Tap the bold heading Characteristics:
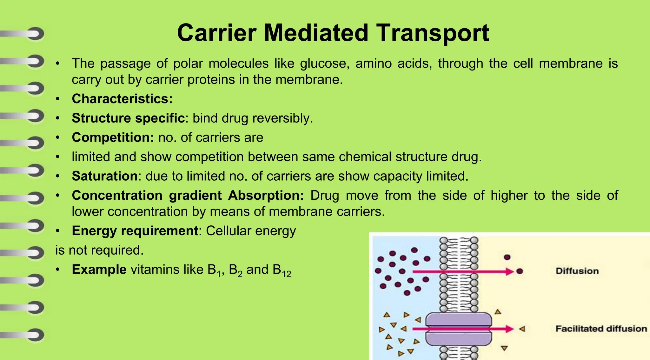(x=122, y=99)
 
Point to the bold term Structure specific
(x=128, y=118)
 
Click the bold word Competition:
(x=113, y=137)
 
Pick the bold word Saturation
(x=105, y=176)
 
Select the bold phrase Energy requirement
(x=135, y=231)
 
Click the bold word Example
(x=99, y=270)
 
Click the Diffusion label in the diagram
(x=577, y=271)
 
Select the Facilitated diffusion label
(x=601, y=329)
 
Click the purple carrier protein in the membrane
(x=458, y=329)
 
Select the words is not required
(x=100, y=250)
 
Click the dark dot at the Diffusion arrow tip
(x=520, y=271)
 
